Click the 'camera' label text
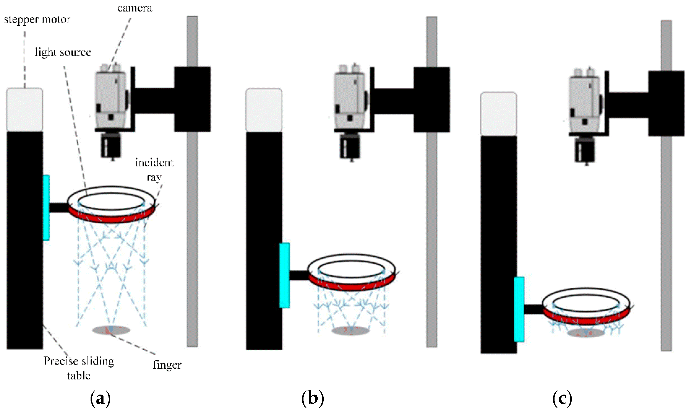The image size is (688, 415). click(x=135, y=8)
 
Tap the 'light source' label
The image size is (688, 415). click(x=63, y=52)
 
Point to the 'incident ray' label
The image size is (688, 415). click(x=154, y=170)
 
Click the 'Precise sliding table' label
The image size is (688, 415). click(x=79, y=368)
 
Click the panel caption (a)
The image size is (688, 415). click(x=100, y=399)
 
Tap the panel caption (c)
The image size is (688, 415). click(x=562, y=399)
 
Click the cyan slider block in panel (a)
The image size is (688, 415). click(x=46, y=207)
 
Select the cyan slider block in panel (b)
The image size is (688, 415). click(x=284, y=275)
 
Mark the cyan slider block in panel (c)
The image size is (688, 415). click(x=519, y=309)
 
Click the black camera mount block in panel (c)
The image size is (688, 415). click(x=666, y=104)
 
